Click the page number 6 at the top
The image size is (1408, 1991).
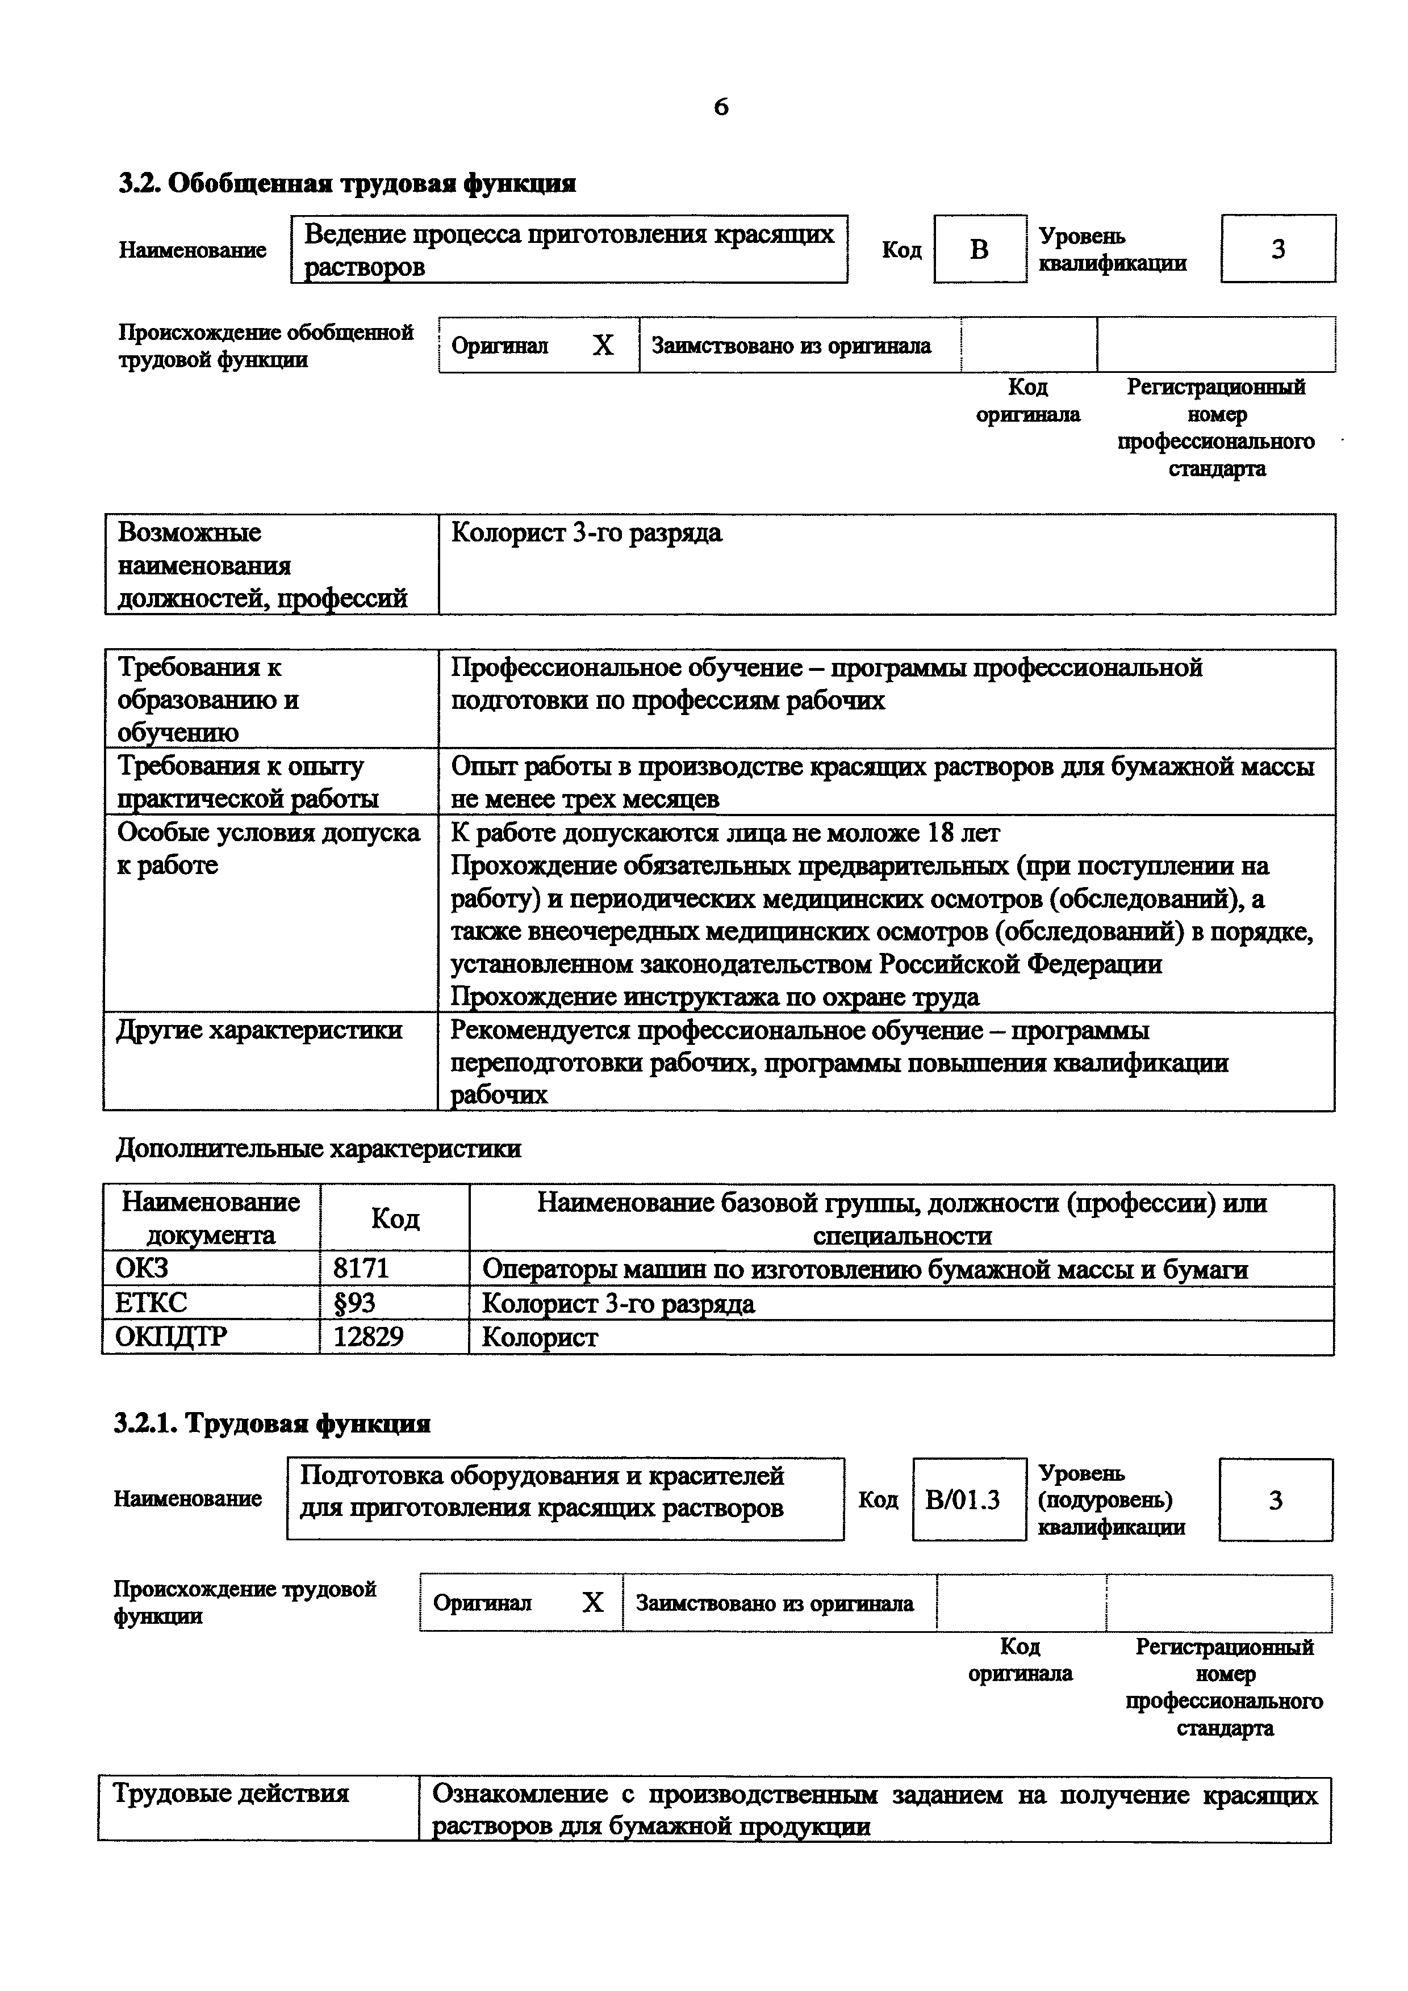[x=721, y=107]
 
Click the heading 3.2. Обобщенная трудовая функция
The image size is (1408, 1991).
[x=347, y=184]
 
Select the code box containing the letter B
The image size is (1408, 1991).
[x=979, y=250]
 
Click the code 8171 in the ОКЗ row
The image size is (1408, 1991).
[x=361, y=1270]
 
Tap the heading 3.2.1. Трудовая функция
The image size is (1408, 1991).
[x=273, y=1424]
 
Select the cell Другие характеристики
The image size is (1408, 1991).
[x=260, y=1030]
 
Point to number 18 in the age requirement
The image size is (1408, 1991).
[x=939, y=833]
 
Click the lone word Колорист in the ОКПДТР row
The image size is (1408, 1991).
[x=539, y=1337]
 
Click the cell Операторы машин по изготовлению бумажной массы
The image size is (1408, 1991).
[x=864, y=1270]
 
